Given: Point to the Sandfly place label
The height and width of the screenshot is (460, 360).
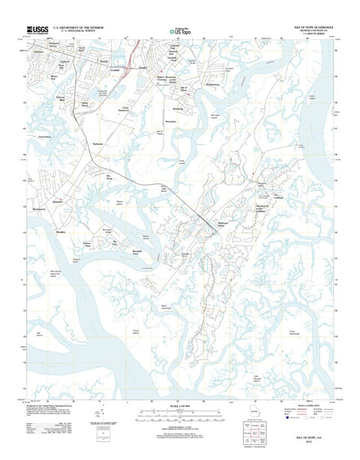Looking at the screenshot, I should pyautogui.click(x=138, y=67).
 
